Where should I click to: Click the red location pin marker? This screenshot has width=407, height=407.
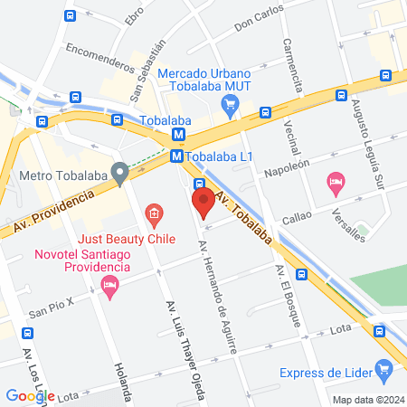[203, 201]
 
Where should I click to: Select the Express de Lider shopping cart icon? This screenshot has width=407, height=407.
[384, 368]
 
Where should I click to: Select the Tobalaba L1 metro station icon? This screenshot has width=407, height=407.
[177, 156]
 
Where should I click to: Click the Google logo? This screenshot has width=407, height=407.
[31, 395]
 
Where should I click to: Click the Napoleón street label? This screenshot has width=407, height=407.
[287, 168]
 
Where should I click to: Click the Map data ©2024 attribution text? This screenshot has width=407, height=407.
[367, 400]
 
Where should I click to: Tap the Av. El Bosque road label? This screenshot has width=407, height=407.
[288, 299]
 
